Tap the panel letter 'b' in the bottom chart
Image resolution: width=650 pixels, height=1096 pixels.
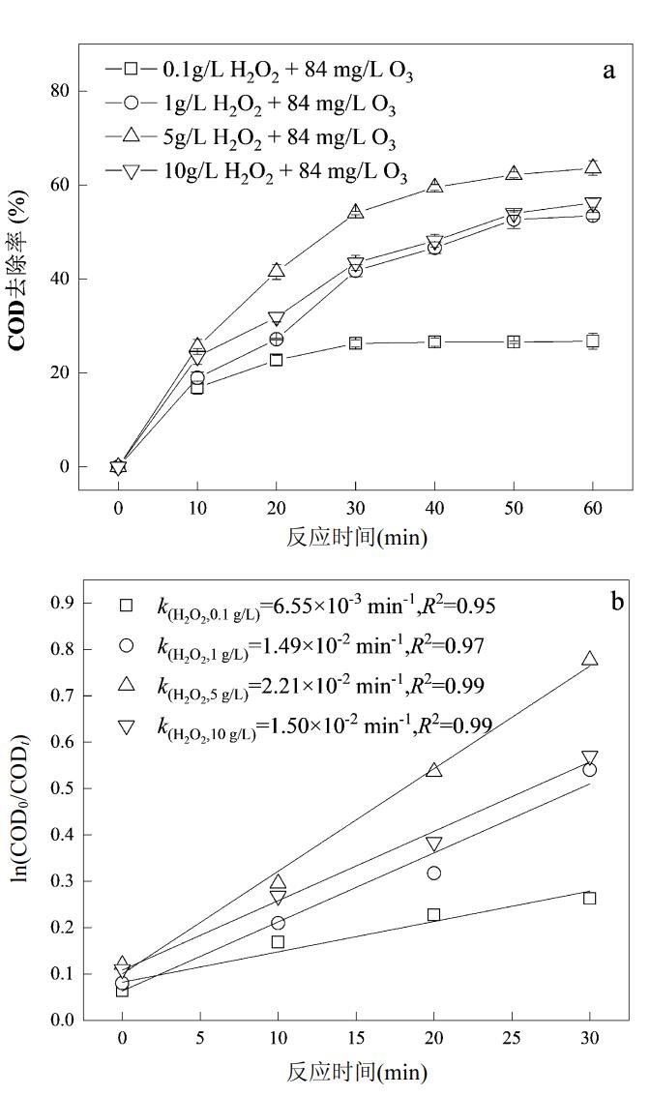[617, 602]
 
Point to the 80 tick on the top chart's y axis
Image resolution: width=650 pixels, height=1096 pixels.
[60, 91]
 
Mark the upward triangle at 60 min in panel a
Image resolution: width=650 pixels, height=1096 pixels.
[592, 166]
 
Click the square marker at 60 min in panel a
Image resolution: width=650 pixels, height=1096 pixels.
[592, 341]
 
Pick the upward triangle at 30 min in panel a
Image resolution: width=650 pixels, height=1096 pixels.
[356, 211]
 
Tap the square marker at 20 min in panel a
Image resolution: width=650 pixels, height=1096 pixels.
[276, 360]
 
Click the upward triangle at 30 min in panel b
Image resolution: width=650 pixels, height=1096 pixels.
[590, 659]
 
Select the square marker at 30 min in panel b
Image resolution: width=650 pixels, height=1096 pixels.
[590, 898]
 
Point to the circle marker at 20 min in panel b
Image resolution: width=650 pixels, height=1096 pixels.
[433, 873]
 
